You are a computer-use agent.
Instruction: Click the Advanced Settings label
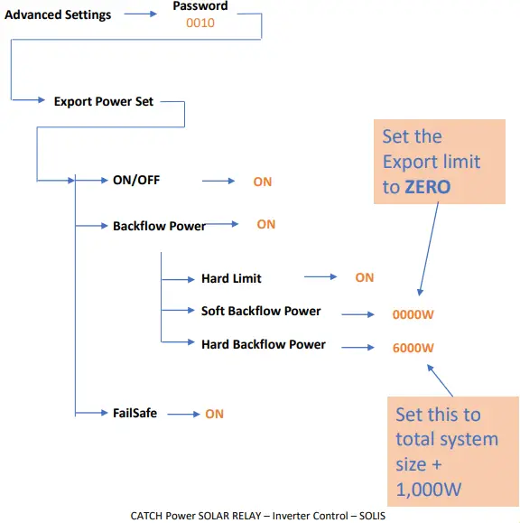(x=58, y=14)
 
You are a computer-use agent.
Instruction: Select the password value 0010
(x=200, y=23)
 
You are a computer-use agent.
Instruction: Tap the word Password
(x=200, y=6)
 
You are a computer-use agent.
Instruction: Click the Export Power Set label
(x=104, y=101)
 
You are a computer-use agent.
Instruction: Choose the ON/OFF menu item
(x=136, y=180)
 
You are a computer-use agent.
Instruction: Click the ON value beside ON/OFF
(x=262, y=182)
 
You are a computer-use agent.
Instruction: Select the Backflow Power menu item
(x=159, y=225)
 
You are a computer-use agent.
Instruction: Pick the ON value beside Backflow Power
(x=265, y=224)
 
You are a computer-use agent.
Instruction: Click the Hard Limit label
(x=231, y=278)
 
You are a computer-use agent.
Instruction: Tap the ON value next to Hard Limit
(x=364, y=277)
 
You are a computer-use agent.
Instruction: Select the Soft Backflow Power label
(x=261, y=311)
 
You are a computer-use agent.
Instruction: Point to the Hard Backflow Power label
(x=263, y=344)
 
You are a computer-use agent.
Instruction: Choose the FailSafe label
(x=135, y=413)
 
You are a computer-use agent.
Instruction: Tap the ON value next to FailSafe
(x=214, y=414)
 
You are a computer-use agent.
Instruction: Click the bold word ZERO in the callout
(x=428, y=187)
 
